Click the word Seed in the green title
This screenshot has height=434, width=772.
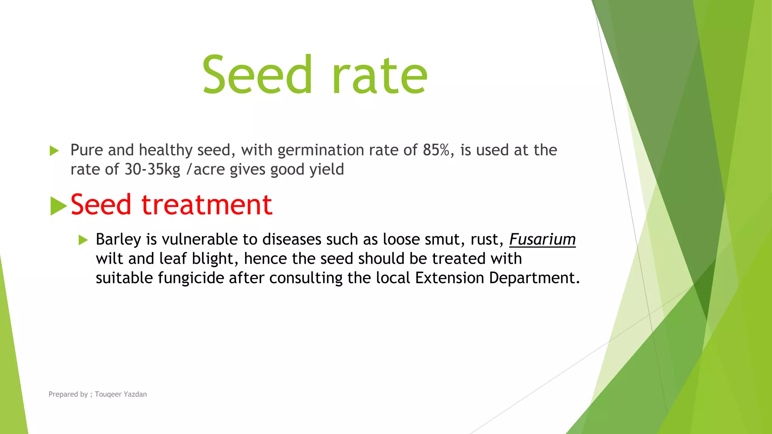[257, 75]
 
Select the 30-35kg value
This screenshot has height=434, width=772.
[153, 170]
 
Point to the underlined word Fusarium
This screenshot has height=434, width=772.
[542, 240]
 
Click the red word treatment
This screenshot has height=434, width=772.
[207, 205]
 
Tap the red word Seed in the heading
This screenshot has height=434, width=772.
[101, 205]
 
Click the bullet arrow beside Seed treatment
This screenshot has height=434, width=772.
[58, 206]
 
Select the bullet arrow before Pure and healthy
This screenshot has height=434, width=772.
[54, 151]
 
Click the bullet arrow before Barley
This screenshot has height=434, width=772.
[83, 240]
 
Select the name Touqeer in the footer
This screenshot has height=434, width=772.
[108, 394]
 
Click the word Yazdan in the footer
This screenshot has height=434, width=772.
[135, 394]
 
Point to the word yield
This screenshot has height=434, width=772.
[327, 170]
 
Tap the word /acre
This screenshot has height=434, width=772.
[207, 170]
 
